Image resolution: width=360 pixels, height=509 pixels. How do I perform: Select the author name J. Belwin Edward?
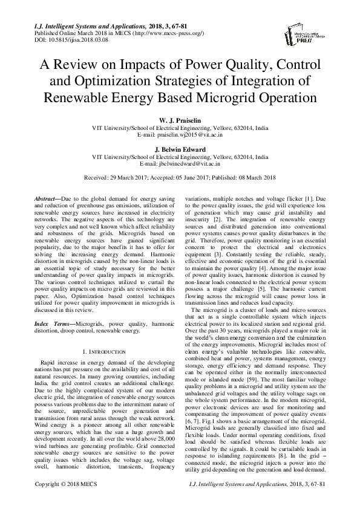(180, 149)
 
